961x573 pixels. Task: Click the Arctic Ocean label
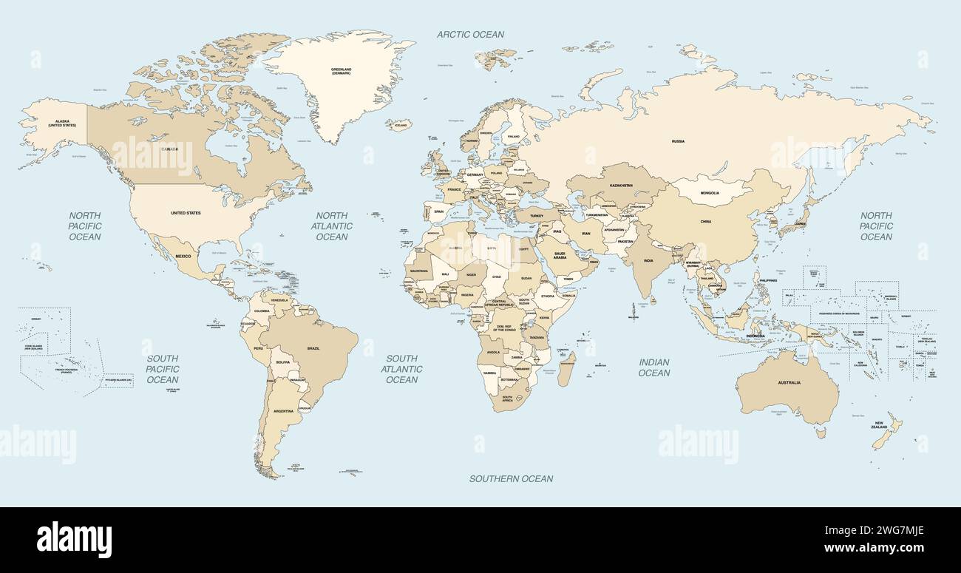470,34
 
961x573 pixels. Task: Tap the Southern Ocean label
511,478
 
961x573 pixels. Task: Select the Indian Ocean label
654,367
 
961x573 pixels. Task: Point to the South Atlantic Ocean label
402,369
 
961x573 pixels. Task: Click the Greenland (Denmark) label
341,72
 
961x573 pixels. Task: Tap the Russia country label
678,140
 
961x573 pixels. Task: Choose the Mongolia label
709,192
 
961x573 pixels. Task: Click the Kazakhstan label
621,186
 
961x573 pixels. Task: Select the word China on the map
706,221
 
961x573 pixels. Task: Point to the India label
648,260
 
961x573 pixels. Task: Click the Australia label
789,382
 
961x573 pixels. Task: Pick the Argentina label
283,410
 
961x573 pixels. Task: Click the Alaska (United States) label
62,123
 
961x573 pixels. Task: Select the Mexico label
183,256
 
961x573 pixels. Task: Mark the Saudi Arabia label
560,255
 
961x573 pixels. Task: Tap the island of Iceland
399,125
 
